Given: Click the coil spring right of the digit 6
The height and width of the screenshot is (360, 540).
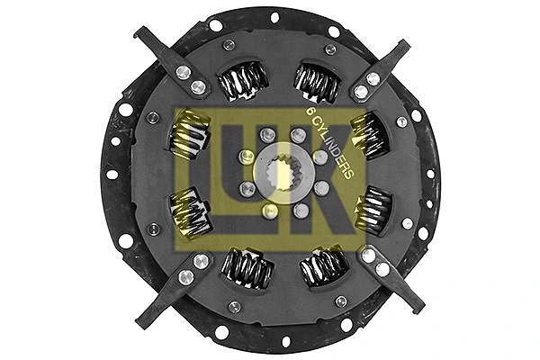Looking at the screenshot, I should coord(367,133).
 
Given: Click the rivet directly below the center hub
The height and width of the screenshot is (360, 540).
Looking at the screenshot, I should coord(268,210).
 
